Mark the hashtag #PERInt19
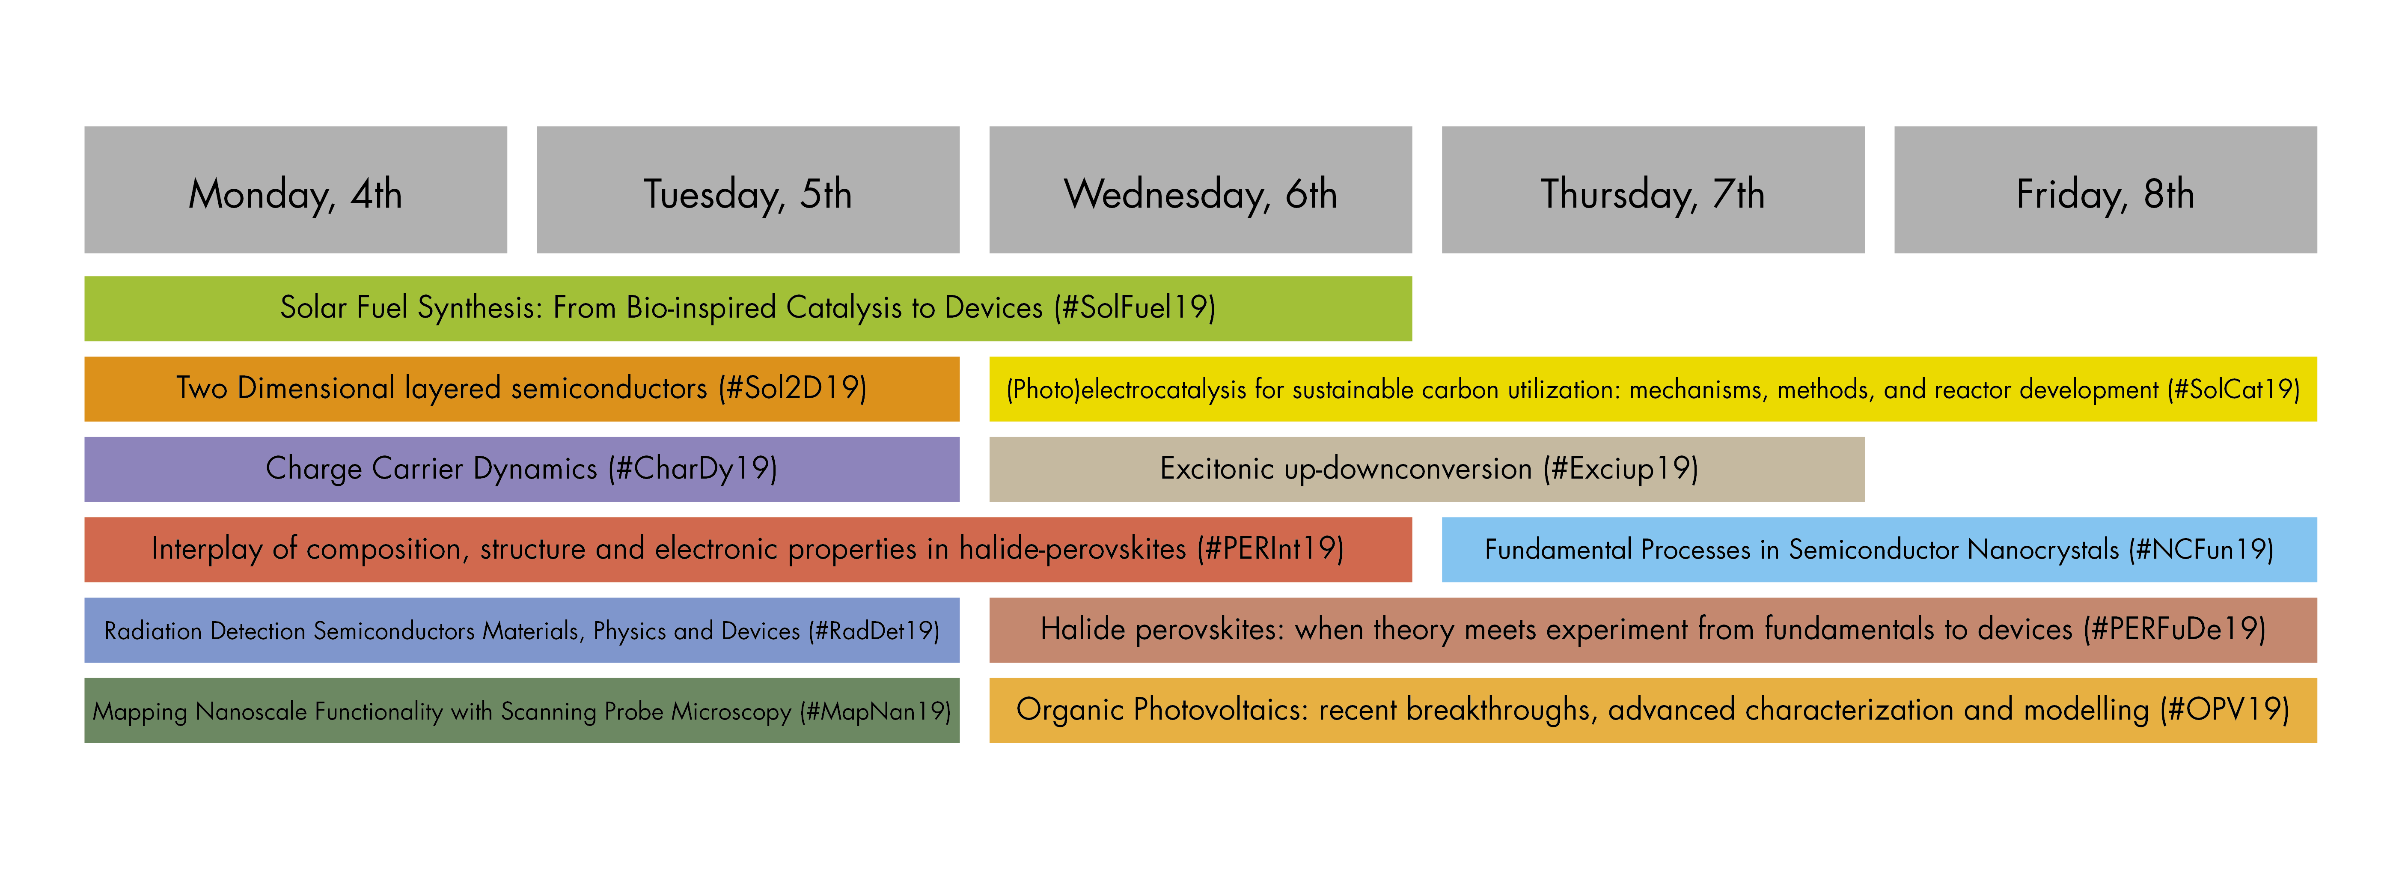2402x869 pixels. click(x=1273, y=548)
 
